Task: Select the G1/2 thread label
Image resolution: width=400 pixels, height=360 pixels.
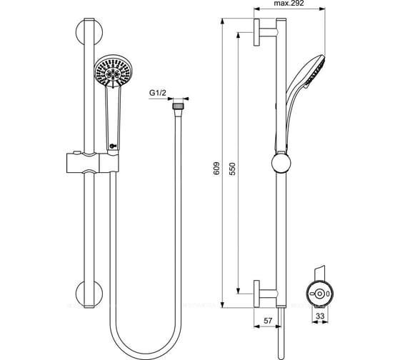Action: pyautogui.click(x=158, y=92)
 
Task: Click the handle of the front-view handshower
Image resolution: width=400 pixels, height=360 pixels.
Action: pyautogui.click(x=112, y=114)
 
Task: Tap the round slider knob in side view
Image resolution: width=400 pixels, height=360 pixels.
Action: pyautogui.click(x=279, y=164)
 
